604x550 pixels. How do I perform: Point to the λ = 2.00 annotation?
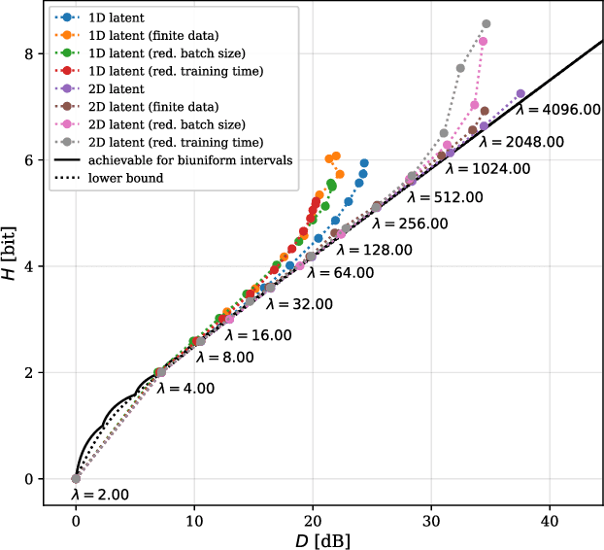[x=100, y=496]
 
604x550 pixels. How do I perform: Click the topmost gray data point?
[x=487, y=24]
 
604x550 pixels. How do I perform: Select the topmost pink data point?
[x=483, y=42]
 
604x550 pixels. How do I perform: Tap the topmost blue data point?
[x=364, y=163]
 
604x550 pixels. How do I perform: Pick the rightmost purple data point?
[x=520, y=93]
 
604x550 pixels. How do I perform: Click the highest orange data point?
[x=336, y=155]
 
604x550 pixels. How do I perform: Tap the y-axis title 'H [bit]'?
[x=13, y=261]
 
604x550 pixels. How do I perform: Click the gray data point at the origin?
[x=76, y=478]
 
